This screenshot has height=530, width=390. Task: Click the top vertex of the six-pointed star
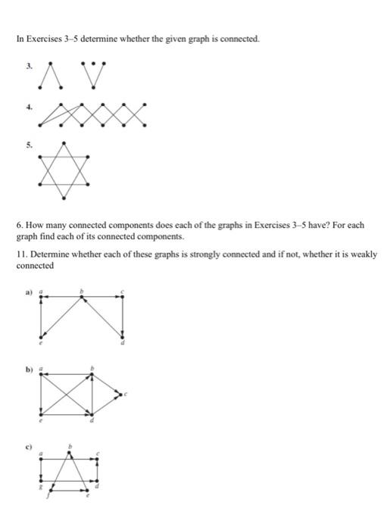point(65,143)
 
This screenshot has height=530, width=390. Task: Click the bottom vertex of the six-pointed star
point(65,199)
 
